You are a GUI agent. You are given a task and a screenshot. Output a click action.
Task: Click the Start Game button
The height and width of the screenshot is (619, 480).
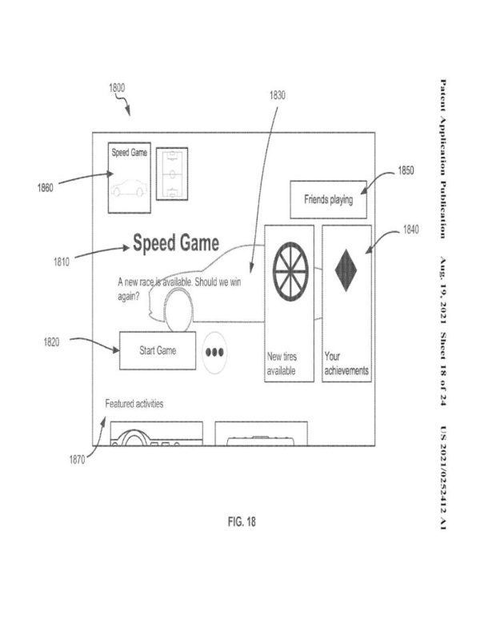click(158, 350)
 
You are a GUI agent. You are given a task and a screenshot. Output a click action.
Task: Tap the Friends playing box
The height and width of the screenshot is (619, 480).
click(328, 198)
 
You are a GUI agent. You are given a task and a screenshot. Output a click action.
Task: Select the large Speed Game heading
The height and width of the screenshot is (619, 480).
click(176, 242)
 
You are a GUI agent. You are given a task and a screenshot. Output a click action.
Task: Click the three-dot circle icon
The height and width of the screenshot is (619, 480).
click(214, 352)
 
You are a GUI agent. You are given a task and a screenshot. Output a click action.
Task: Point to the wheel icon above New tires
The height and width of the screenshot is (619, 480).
click(289, 267)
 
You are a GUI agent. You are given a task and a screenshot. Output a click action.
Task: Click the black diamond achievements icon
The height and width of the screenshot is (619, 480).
click(346, 271)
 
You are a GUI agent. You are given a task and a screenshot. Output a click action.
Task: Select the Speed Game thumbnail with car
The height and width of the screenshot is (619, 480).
click(130, 177)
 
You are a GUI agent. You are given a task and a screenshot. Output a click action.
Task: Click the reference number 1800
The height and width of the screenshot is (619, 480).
click(117, 88)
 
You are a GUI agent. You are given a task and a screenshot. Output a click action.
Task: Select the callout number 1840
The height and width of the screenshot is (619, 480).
click(411, 230)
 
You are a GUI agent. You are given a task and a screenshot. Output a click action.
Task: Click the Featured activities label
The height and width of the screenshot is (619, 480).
click(134, 404)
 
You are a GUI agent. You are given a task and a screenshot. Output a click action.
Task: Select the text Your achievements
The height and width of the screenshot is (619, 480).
click(346, 365)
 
